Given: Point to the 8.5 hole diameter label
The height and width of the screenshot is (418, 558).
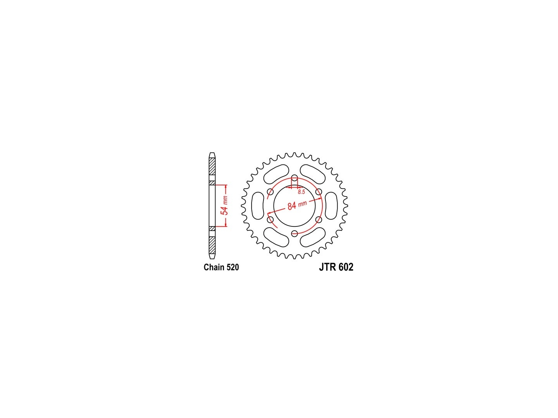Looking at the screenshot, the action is (x=301, y=192).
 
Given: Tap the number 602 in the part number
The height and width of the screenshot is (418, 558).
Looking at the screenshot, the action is (x=346, y=267).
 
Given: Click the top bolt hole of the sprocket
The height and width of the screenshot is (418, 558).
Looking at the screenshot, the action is (x=294, y=178).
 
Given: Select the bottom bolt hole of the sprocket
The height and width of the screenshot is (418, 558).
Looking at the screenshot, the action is (x=294, y=233).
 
